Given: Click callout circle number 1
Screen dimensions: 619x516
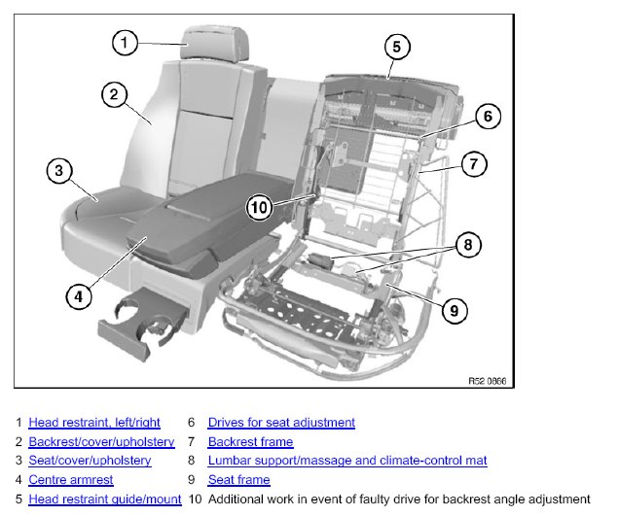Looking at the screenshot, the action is tap(125, 43).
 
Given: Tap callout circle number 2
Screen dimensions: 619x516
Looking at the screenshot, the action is tap(114, 94).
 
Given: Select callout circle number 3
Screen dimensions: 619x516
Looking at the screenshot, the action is tap(59, 171).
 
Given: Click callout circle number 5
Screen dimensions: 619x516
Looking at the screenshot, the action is tap(394, 46).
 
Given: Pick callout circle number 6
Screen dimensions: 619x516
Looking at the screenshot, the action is tap(488, 117).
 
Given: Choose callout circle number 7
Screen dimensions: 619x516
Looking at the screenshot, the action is tap(472, 164).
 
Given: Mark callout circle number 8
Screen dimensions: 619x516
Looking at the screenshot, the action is tap(467, 245).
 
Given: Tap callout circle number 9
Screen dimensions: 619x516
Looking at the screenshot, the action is tap(454, 310).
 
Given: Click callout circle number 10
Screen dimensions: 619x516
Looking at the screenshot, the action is tap(258, 206).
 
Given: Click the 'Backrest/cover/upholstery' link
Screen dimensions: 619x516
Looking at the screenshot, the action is tap(101, 442).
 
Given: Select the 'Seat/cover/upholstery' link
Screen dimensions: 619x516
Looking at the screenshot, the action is tap(90, 461).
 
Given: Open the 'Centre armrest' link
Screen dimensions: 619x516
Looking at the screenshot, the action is tap(71, 480).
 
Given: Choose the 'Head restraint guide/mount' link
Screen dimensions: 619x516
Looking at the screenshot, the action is tap(105, 499).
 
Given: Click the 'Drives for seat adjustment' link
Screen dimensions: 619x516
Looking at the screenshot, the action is tap(281, 423).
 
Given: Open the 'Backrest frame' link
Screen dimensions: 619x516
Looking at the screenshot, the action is tap(250, 442).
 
